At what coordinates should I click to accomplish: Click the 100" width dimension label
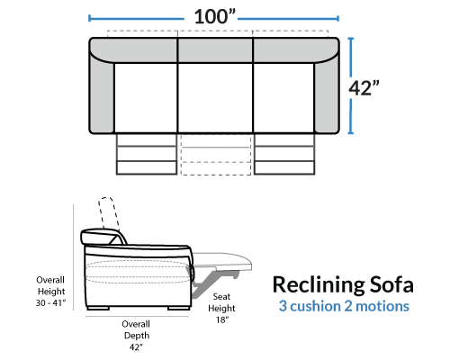pos(215,16)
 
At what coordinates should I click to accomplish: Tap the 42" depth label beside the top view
pos(364,88)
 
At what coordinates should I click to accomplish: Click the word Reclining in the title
pos(318,285)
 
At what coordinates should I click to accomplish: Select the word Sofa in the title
pos(391,284)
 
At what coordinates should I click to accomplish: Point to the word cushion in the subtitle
pos(315,306)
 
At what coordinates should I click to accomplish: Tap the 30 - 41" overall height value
pos(50,303)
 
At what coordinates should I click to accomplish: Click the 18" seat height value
pos(222,319)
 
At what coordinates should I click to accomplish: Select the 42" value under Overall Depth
pos(136,347)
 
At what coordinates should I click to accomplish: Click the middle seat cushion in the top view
pos(215,98)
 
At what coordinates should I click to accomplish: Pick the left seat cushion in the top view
pos(146,98)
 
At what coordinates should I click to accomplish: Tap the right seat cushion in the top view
pos(283,98)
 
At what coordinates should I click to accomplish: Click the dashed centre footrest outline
pos(216,154)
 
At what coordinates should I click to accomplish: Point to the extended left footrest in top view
pos(147,154)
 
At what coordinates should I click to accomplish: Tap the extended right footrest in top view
pos(284,154)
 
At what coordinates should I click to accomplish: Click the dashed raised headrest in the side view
pos(108,213)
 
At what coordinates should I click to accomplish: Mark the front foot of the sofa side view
pos(179,308)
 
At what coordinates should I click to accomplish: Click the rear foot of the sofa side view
pos(98,308)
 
